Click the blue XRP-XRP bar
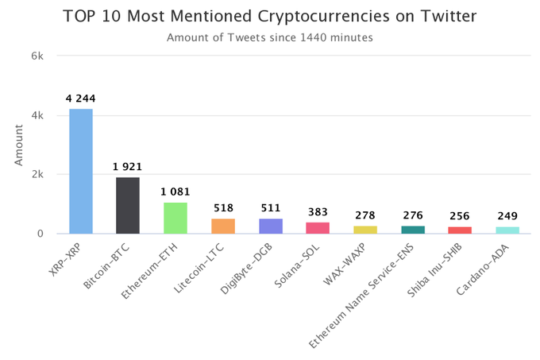tap(80, 171)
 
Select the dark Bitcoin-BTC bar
tap(128, 205)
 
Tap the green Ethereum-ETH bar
tap(175, 218)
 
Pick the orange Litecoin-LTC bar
tap(223, 226)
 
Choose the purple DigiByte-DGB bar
tap(271, 226)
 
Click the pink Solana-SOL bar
tap(318, 228)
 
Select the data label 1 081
tap(175, 192)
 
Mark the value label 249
tap(507, 217)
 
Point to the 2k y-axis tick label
tap(46, 174)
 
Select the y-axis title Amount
tap(18, 145)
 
